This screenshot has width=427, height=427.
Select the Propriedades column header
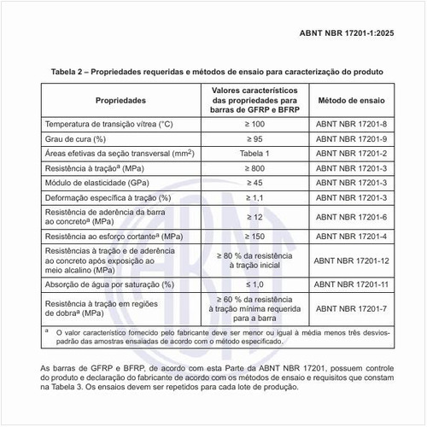pyautogui.click(x=125, y=101)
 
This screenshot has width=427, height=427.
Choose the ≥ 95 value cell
pyautogui.click(x=254, y=139)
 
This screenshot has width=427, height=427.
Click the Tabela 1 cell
pyautogui.click(x=254, y=154)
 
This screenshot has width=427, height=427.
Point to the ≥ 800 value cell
pyautogui.click(x=254, y=168)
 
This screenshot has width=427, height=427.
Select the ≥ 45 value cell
pyautogui.click(x=254, y=183)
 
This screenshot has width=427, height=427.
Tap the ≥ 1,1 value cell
pyautogui.click(x=254, y=197)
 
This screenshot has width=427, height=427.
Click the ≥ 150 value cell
pyautogui.click(x=254, y=235)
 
